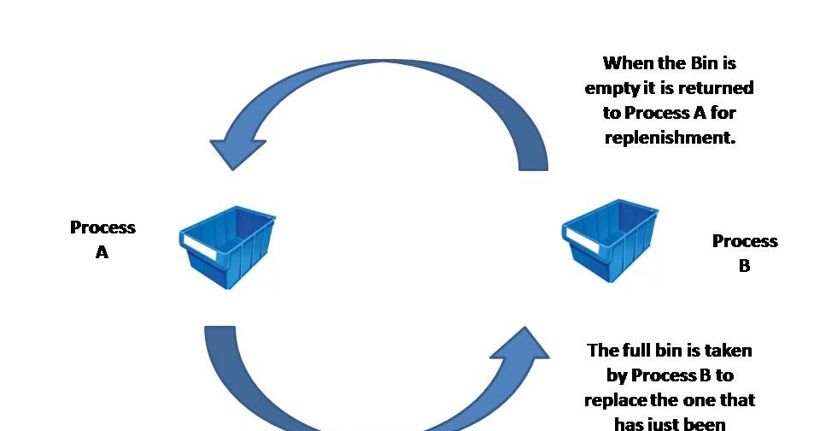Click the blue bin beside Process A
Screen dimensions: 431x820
[229, 249]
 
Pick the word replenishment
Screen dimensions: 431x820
[670, 138]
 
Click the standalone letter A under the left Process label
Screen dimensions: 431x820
[102, 252]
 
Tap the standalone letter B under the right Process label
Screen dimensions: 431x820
[744, 266]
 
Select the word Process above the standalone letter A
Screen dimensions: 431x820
[102, 227]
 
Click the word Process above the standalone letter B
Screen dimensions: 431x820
[745, 241]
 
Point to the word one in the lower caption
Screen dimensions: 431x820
[700, 399]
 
